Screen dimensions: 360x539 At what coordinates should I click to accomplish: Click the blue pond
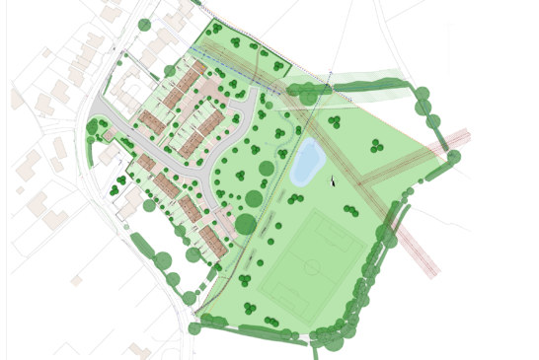(307, 163)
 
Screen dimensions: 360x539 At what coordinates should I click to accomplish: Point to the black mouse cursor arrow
(333, 180)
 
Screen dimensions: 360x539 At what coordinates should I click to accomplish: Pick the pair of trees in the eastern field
(376, 147)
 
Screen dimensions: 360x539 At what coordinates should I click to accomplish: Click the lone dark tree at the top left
(145, 25)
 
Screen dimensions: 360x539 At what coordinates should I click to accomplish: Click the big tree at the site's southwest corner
(194, 328)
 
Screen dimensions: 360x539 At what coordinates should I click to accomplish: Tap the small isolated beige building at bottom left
(76, 280)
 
